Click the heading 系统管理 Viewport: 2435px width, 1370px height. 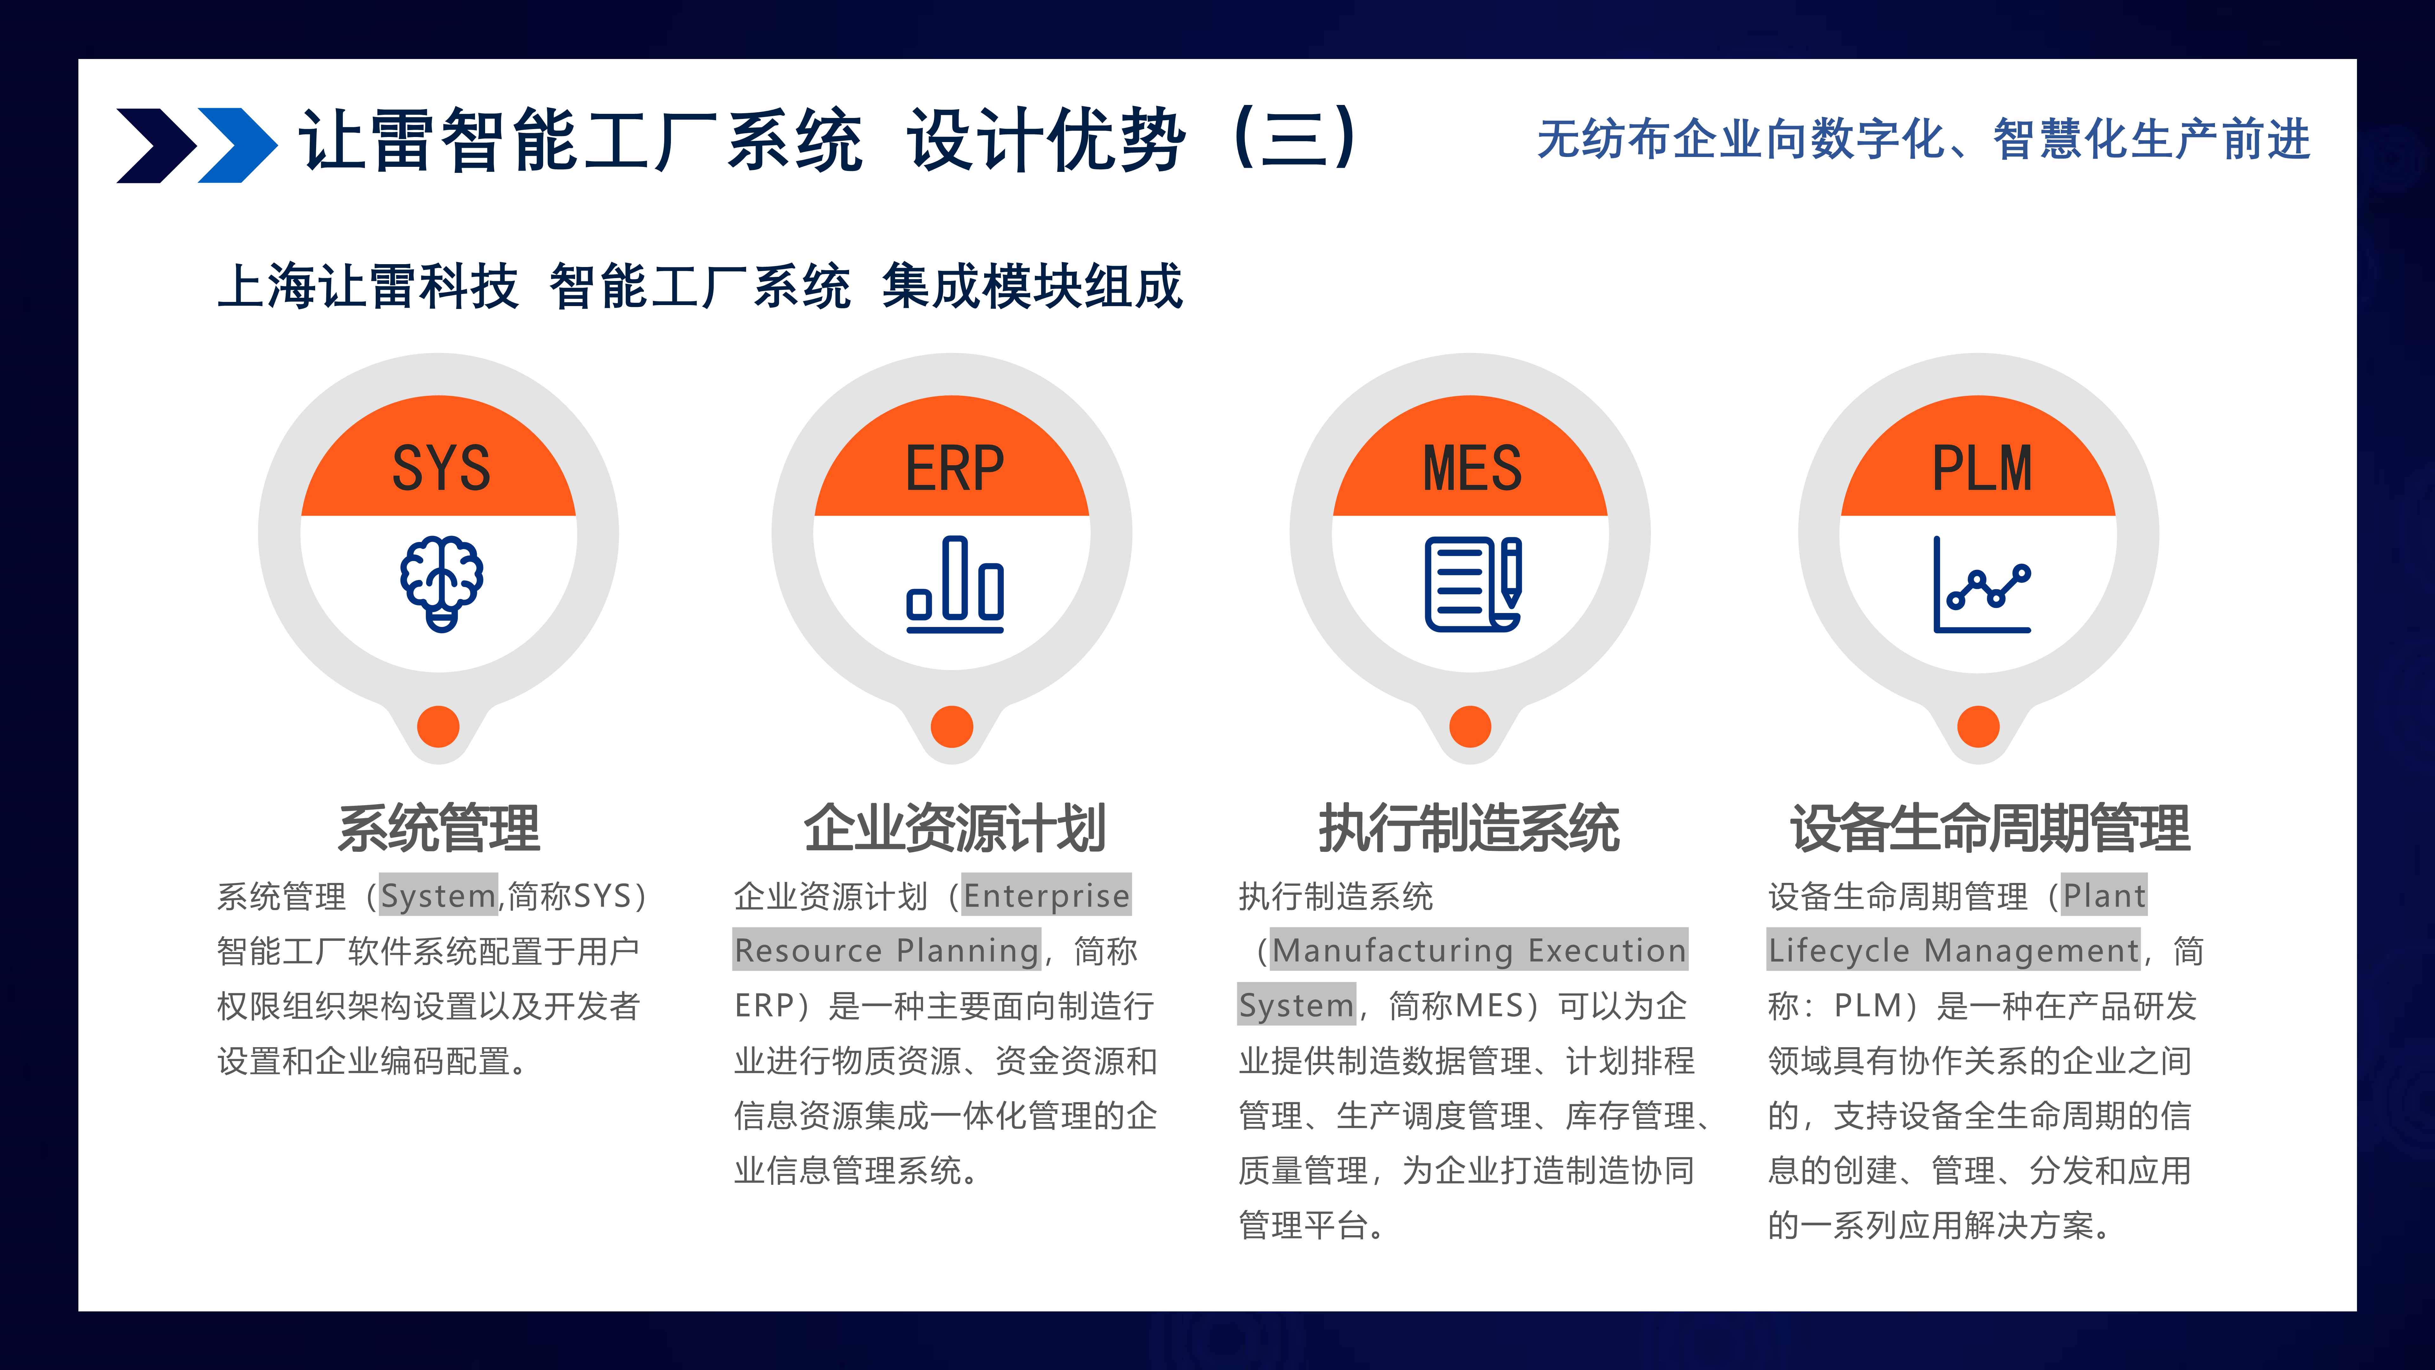(x=439, y=828)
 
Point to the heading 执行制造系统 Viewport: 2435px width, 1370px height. (x=1470, y=828)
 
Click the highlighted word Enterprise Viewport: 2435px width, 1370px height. (x=1046, y=895)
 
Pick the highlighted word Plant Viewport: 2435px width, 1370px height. (x=2104, y=895)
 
